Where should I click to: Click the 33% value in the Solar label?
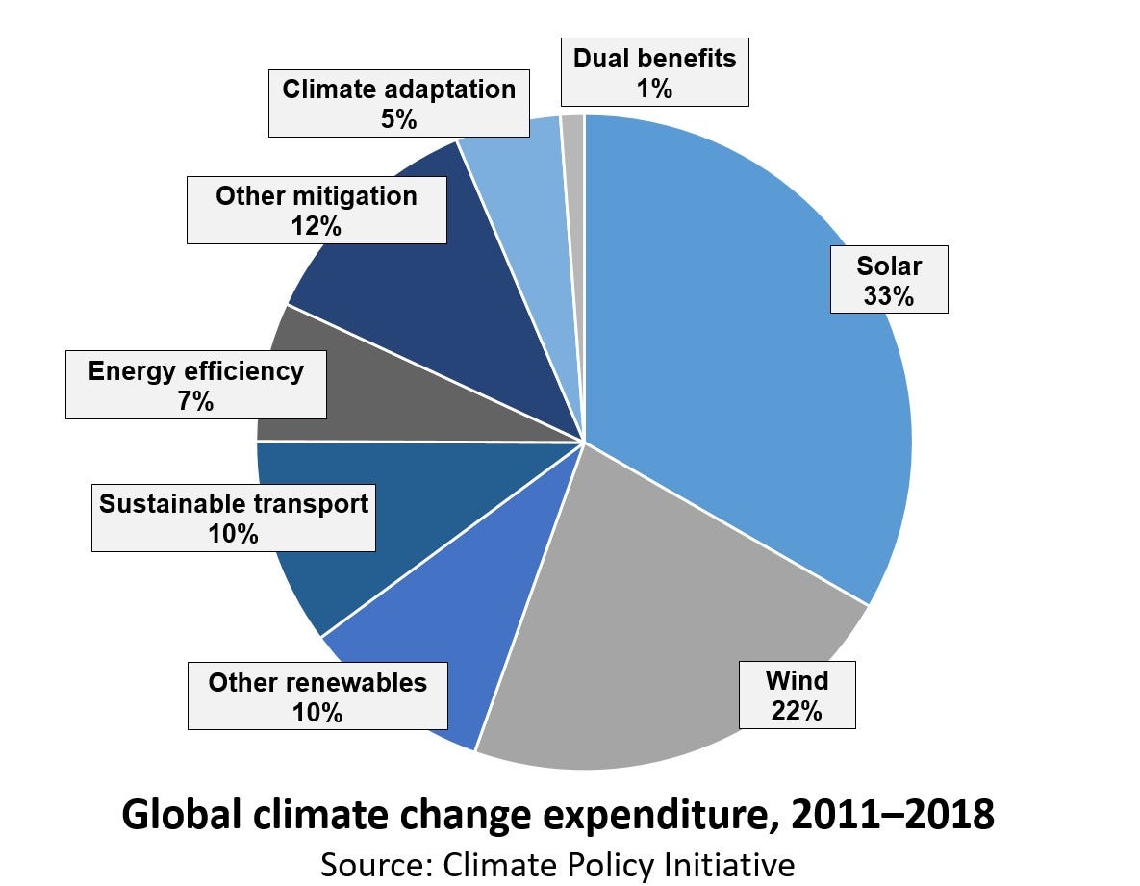[x=888, y=295]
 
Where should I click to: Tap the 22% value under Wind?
[x=797, y=711]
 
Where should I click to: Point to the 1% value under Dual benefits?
[x=653, y=89]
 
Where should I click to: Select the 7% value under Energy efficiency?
[x=195, y=401]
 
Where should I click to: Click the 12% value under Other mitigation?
[x=316, y=227]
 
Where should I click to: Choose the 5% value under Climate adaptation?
[x=398, y=119]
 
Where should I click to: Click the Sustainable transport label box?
[x=234, y=518]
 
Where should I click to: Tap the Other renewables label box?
[x=317, y=696]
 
